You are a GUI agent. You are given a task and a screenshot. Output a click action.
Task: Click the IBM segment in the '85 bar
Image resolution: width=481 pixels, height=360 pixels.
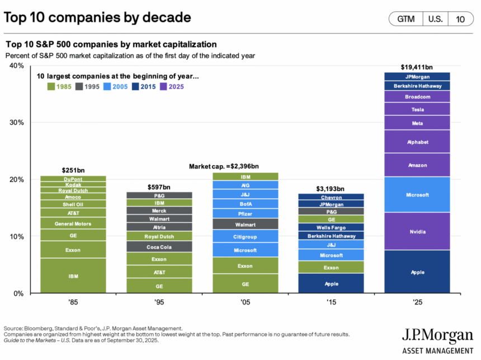point(73,276)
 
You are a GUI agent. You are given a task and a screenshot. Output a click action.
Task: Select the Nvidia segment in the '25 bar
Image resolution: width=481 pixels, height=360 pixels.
point(417,231)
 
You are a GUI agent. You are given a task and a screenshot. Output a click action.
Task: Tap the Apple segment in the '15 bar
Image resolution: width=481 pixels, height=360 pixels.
point(331,283)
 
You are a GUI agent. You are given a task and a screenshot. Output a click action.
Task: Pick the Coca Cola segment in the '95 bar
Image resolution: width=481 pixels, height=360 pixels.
point(159,247)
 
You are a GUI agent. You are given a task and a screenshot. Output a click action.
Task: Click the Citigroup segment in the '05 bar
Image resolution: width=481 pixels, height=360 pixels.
point(245,236)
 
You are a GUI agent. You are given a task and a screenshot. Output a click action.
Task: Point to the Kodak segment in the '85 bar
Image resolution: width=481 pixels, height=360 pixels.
point(73,184)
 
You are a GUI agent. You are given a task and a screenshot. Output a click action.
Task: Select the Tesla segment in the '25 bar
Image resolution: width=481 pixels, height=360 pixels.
point(417,109)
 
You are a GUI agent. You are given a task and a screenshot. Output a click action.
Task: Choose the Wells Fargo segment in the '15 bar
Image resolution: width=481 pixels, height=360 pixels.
point(331,227)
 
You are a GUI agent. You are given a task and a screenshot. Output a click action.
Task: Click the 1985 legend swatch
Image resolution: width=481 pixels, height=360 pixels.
point(51,87)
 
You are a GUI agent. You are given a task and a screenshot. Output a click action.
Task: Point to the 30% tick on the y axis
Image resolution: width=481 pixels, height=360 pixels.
point(16,123)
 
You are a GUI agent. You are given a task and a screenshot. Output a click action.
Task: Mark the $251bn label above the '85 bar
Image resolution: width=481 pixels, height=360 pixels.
point(73,170)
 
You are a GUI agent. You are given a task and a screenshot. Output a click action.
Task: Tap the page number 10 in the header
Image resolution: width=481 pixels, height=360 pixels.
point(460,19)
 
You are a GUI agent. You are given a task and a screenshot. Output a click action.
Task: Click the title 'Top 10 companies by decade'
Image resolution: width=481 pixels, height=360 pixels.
point(97,17)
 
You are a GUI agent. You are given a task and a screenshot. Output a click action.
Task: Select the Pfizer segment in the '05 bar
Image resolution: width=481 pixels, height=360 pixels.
point(245,214)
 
